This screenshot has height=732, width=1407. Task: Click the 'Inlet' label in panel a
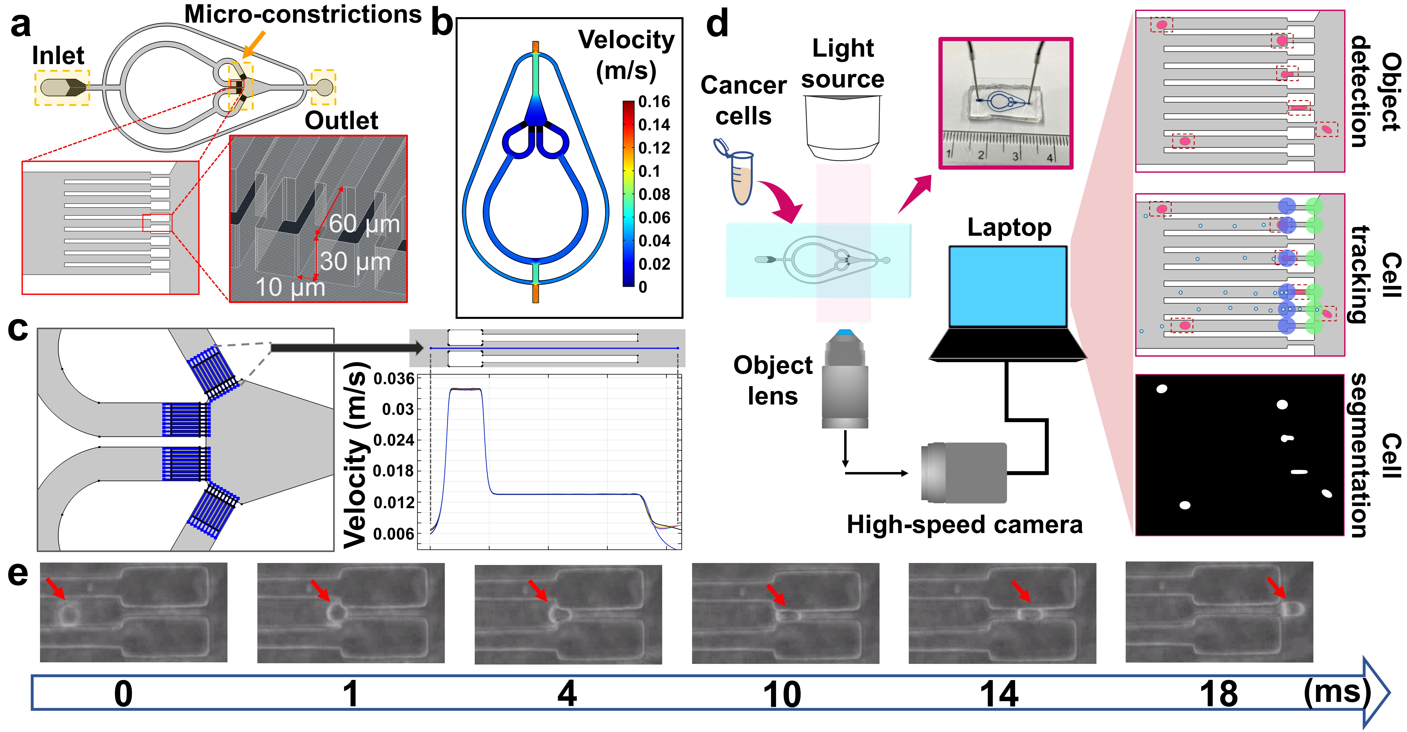click(x=58, y=56)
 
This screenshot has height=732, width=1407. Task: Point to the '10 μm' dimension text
click(x=290, y=287)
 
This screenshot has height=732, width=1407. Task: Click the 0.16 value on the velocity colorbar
click(x=654, y=102)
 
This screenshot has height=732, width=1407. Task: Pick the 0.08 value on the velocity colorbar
click(x=654, y=194)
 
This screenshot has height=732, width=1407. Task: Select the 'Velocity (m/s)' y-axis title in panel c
click(x=355, y=454)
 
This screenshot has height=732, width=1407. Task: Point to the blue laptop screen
click(x=1008, y=287)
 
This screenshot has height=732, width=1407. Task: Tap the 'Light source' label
click(x=843, y=64)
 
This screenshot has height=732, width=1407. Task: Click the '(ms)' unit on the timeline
click(x=1336, y=692)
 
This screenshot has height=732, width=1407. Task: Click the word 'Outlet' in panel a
click(x=341, y=121)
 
